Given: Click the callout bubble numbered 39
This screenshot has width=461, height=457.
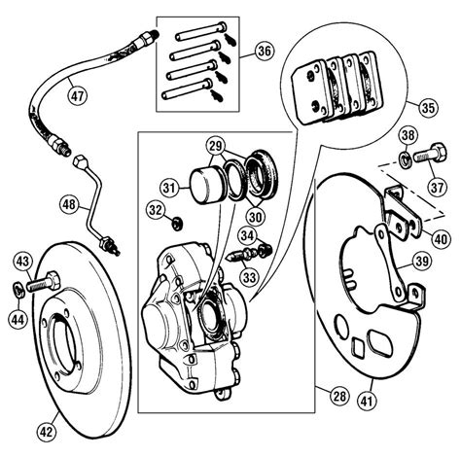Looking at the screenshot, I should pyautogui.click(x=421, y=260).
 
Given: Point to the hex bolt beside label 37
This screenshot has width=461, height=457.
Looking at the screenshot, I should pyautogui.click(x=429, y=154).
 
